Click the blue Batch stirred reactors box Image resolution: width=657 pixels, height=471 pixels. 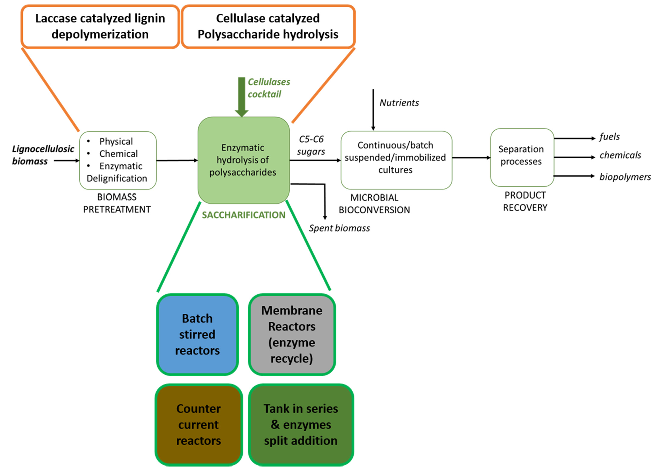click(197, 334)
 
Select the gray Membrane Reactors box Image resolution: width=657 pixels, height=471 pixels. click(292, 334)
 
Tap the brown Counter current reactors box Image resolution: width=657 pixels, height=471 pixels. click(199, 424)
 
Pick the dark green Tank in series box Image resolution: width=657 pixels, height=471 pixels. click(301, 424)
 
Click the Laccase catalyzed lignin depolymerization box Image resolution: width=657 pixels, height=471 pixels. click(100, 26)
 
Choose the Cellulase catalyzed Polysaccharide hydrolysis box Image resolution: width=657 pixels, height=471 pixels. click(268, 26)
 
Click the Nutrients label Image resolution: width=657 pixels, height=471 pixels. click(399, 103)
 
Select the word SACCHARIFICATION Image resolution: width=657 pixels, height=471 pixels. click(243, 215)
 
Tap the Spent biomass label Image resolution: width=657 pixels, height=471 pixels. click(339, 228)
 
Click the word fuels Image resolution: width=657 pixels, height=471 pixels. click(609, 137)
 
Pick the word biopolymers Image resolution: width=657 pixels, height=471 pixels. click(625, 177)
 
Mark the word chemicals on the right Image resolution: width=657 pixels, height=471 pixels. click(620, 155)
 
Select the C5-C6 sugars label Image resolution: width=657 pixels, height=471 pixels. click(311, 145)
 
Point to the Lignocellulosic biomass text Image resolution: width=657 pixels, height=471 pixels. click(43, 155)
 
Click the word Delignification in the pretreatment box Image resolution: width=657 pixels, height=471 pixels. click(117, 178)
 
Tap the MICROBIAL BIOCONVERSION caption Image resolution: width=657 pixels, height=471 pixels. click(374, 204)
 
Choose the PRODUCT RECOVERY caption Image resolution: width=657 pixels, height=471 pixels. click(525, 201)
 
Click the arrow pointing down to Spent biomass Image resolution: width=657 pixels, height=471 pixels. click(325, 203)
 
